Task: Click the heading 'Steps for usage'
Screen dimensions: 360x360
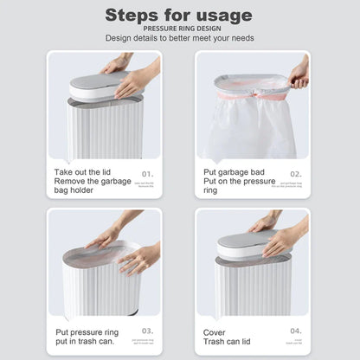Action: (179, 15)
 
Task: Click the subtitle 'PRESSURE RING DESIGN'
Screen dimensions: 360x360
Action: (179, 28)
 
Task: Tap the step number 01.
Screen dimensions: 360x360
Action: (148, 173)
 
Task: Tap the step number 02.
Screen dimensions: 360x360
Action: (295, 173)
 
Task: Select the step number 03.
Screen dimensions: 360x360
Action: (148, 330)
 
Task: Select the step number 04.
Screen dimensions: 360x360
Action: (295, 330)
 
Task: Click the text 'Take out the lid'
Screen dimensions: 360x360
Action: (82, 172)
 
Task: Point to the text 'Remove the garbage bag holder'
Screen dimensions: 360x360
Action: (92, 187)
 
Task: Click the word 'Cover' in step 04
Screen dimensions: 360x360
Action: (214, 331)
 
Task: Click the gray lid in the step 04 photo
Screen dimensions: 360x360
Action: (247, 241)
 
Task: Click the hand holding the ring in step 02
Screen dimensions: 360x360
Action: (299, 74)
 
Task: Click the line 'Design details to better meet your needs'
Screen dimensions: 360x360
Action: (179, 38)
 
